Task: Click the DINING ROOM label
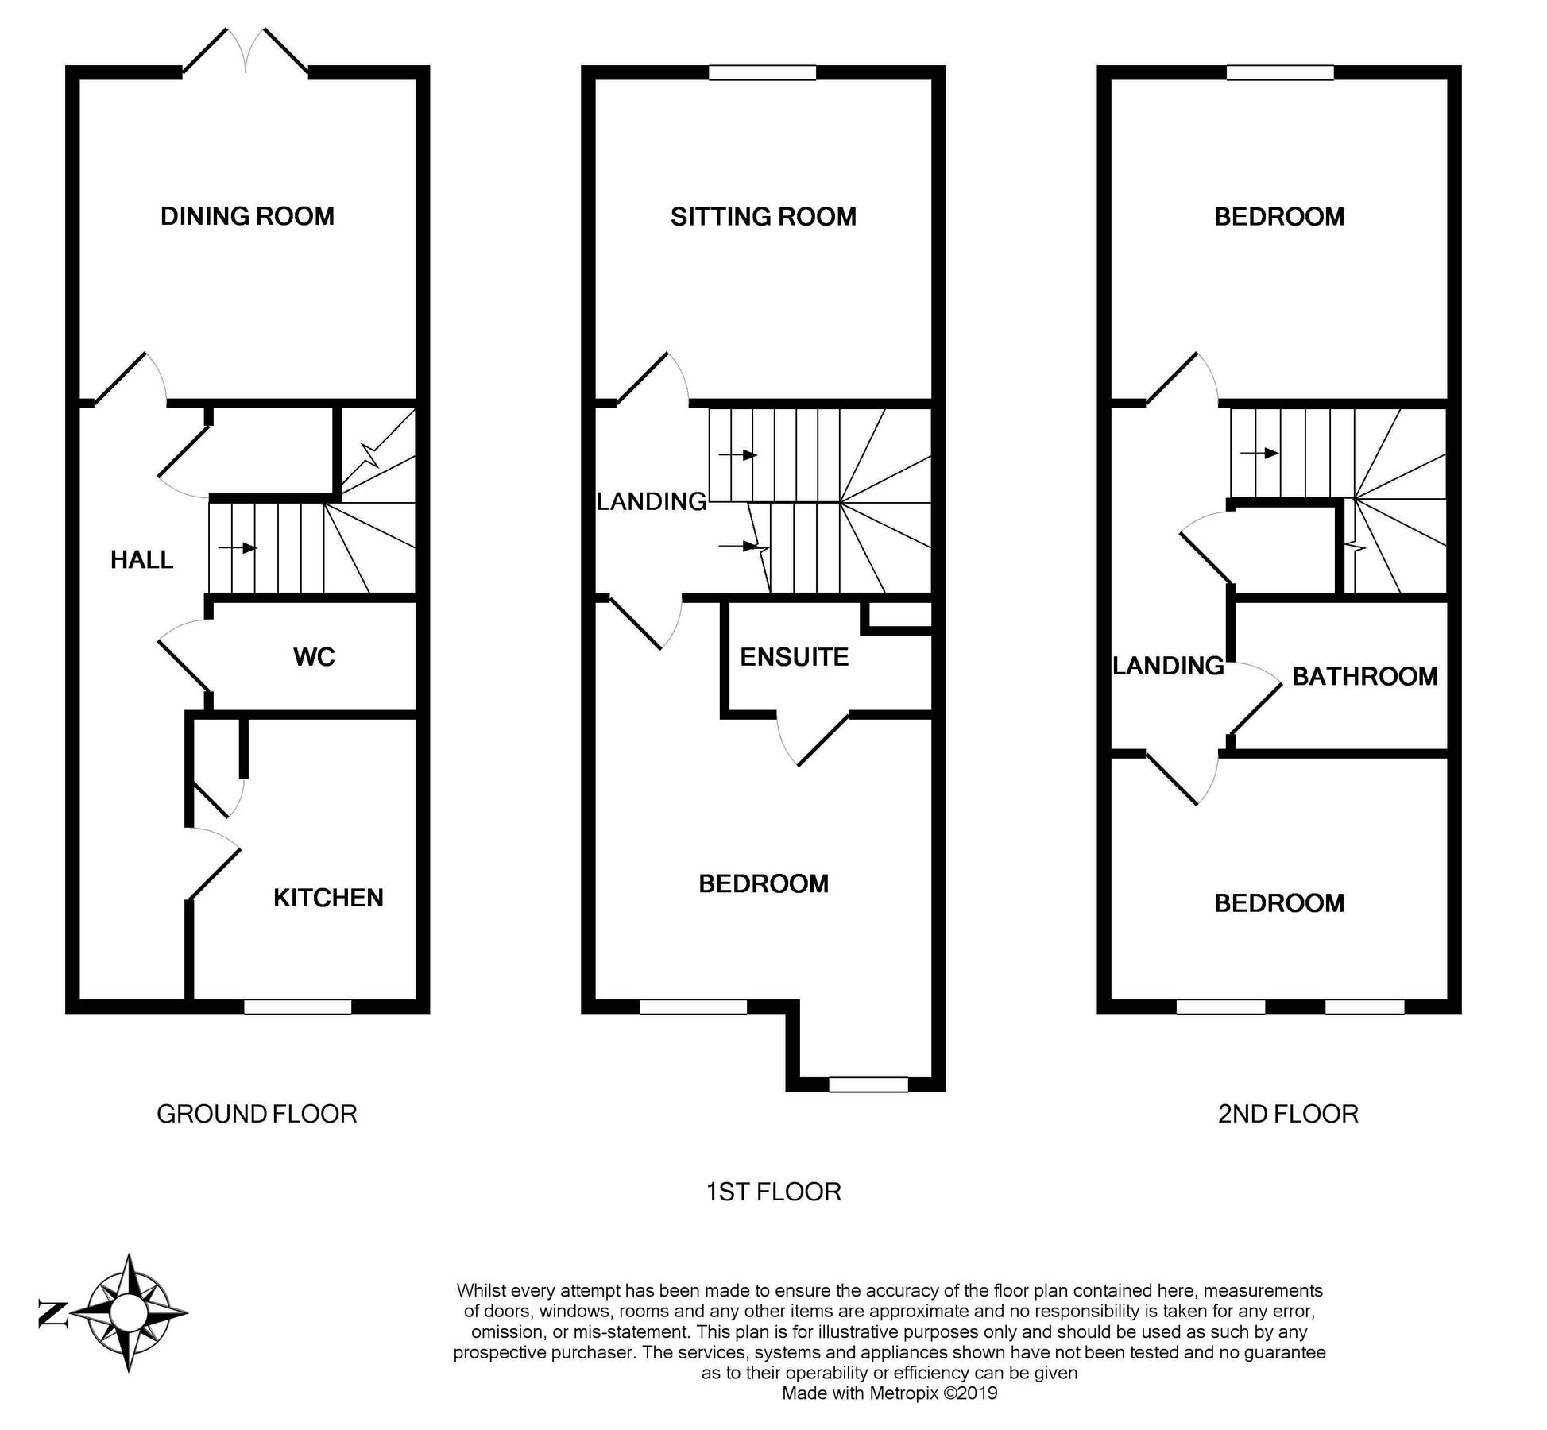(x=247, y=216)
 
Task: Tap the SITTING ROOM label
(x=763, y=217)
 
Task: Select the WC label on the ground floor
(x=314, y=657)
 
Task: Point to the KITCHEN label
(x=328, y=898)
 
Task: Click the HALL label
(x=141, y=560)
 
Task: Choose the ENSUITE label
(x=794, y=657)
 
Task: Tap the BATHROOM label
(x=1364, y=677)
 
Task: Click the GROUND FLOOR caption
(x=257, y=1114)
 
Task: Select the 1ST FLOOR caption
(x=773, y=1192)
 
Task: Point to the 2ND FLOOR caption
(x=1288, y=1114)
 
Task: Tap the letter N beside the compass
(x=52, y=1314)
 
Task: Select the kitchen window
(x=297, y=1006)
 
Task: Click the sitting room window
(x=762, y=73)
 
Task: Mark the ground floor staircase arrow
(x=238, y=547)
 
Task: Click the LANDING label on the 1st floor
(x=652, y=501)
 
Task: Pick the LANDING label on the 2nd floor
(x=1167, y=666)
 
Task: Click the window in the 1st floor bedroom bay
(x=868, y=1084)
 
